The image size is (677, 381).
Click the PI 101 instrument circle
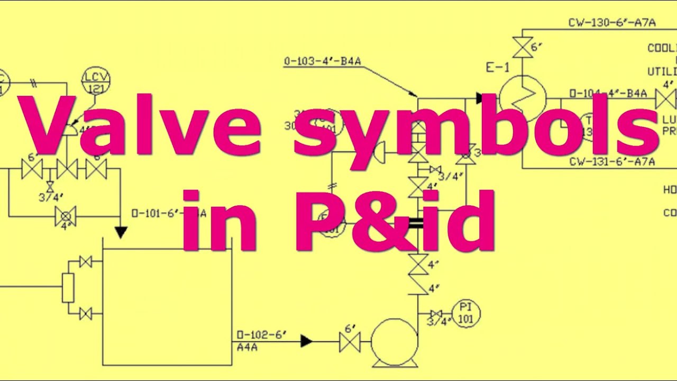[x=466, y=313]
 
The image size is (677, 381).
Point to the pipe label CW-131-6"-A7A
[x=612, y=161]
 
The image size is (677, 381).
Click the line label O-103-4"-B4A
[x=323, y=61]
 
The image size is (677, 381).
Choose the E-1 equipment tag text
[x=498, y=68]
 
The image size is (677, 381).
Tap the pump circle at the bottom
[x=395, y=342]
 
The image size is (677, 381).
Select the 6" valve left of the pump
[x=349, y=342]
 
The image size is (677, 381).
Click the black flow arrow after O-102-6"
[x=306, y=341]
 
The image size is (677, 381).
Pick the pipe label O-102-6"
[x=261, y=334]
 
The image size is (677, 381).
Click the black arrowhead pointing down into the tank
[x=121, y=232]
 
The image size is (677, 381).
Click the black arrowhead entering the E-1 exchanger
[x=479, y=98]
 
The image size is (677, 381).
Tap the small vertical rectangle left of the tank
[x=68, y=288]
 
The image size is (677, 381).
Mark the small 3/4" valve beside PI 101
[x=436, y=314]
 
